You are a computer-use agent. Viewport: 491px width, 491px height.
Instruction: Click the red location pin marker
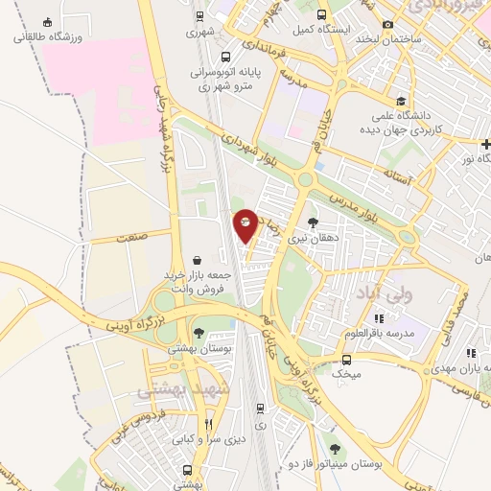click(x=245, y=224)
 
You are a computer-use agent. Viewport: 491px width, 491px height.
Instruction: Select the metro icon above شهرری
click(x=199, y=16)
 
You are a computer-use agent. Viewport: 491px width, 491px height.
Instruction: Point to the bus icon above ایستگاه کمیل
click(x=320, y=14)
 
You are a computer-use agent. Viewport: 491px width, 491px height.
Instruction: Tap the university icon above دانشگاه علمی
click(x=400, y=102)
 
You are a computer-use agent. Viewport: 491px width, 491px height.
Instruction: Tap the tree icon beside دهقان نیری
click(x=314, y=222)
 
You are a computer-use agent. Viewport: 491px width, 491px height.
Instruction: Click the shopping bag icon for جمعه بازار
click(x=198, y=260)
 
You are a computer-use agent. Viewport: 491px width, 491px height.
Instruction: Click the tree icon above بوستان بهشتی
click(x=199, y=334)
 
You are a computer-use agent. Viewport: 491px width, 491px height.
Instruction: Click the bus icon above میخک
click(x=346, y=360)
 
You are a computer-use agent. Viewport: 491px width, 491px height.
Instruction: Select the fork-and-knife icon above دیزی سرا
click(x=208, y=425)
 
